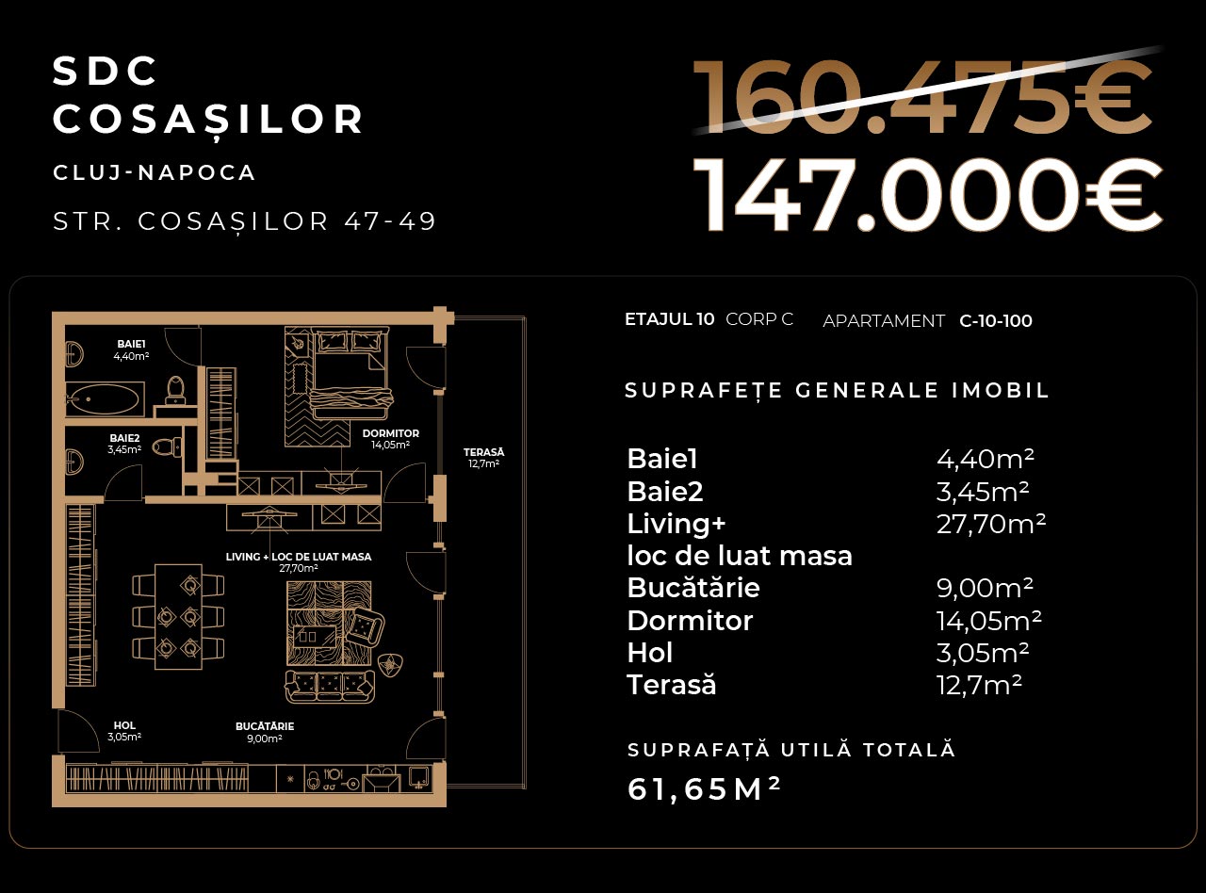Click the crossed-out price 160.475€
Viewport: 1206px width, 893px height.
922,97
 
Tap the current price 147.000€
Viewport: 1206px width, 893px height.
928,195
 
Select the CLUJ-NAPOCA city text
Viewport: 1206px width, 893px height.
155,172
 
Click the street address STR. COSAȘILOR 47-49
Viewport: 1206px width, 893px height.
245,220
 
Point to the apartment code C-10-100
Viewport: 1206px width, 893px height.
996,321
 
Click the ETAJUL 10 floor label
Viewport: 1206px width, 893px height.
669,319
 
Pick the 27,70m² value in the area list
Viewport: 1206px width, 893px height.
990,524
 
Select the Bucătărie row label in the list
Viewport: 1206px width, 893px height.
693,588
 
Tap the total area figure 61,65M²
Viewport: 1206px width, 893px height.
704,788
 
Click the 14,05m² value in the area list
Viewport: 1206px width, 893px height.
988,621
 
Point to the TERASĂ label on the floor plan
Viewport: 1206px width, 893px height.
483,452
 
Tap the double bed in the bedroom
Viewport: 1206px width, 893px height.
351,373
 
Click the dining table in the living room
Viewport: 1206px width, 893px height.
178,616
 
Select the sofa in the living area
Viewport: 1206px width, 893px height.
330,687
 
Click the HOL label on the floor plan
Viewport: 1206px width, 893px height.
124,725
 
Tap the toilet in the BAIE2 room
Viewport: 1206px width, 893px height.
167,447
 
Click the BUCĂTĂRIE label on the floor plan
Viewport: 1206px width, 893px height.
265,726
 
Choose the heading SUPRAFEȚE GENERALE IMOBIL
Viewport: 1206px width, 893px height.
837,391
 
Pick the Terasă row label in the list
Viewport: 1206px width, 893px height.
672,684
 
